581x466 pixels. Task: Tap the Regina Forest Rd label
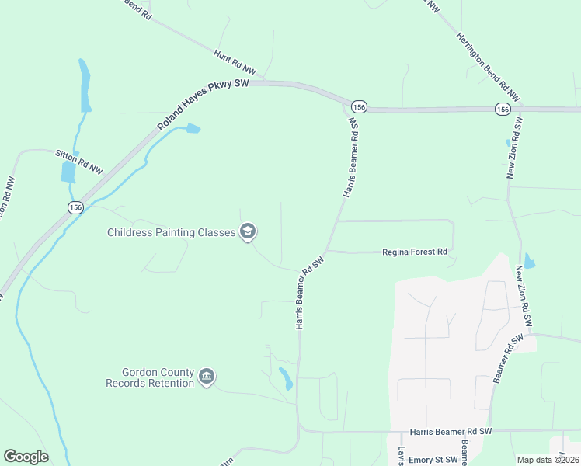[x=416, y=252]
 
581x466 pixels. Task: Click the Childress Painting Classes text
[x=171, y=232]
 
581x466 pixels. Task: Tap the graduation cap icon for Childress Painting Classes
[x=248, y=231]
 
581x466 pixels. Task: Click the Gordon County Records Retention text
[x=150, y=377]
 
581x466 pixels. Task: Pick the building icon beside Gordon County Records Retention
[x=207, y=377]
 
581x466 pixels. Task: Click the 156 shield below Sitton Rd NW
[x=75, y=207]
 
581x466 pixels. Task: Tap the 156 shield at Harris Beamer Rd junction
[x=358, y=106]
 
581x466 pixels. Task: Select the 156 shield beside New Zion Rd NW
[x=502, y=110]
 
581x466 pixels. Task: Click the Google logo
[x=26, y=457]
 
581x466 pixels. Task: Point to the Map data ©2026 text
[x=547, y=460]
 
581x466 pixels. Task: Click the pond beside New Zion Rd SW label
[x=529, y=261]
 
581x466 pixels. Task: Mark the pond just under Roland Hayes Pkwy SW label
[x=192, y=128]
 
